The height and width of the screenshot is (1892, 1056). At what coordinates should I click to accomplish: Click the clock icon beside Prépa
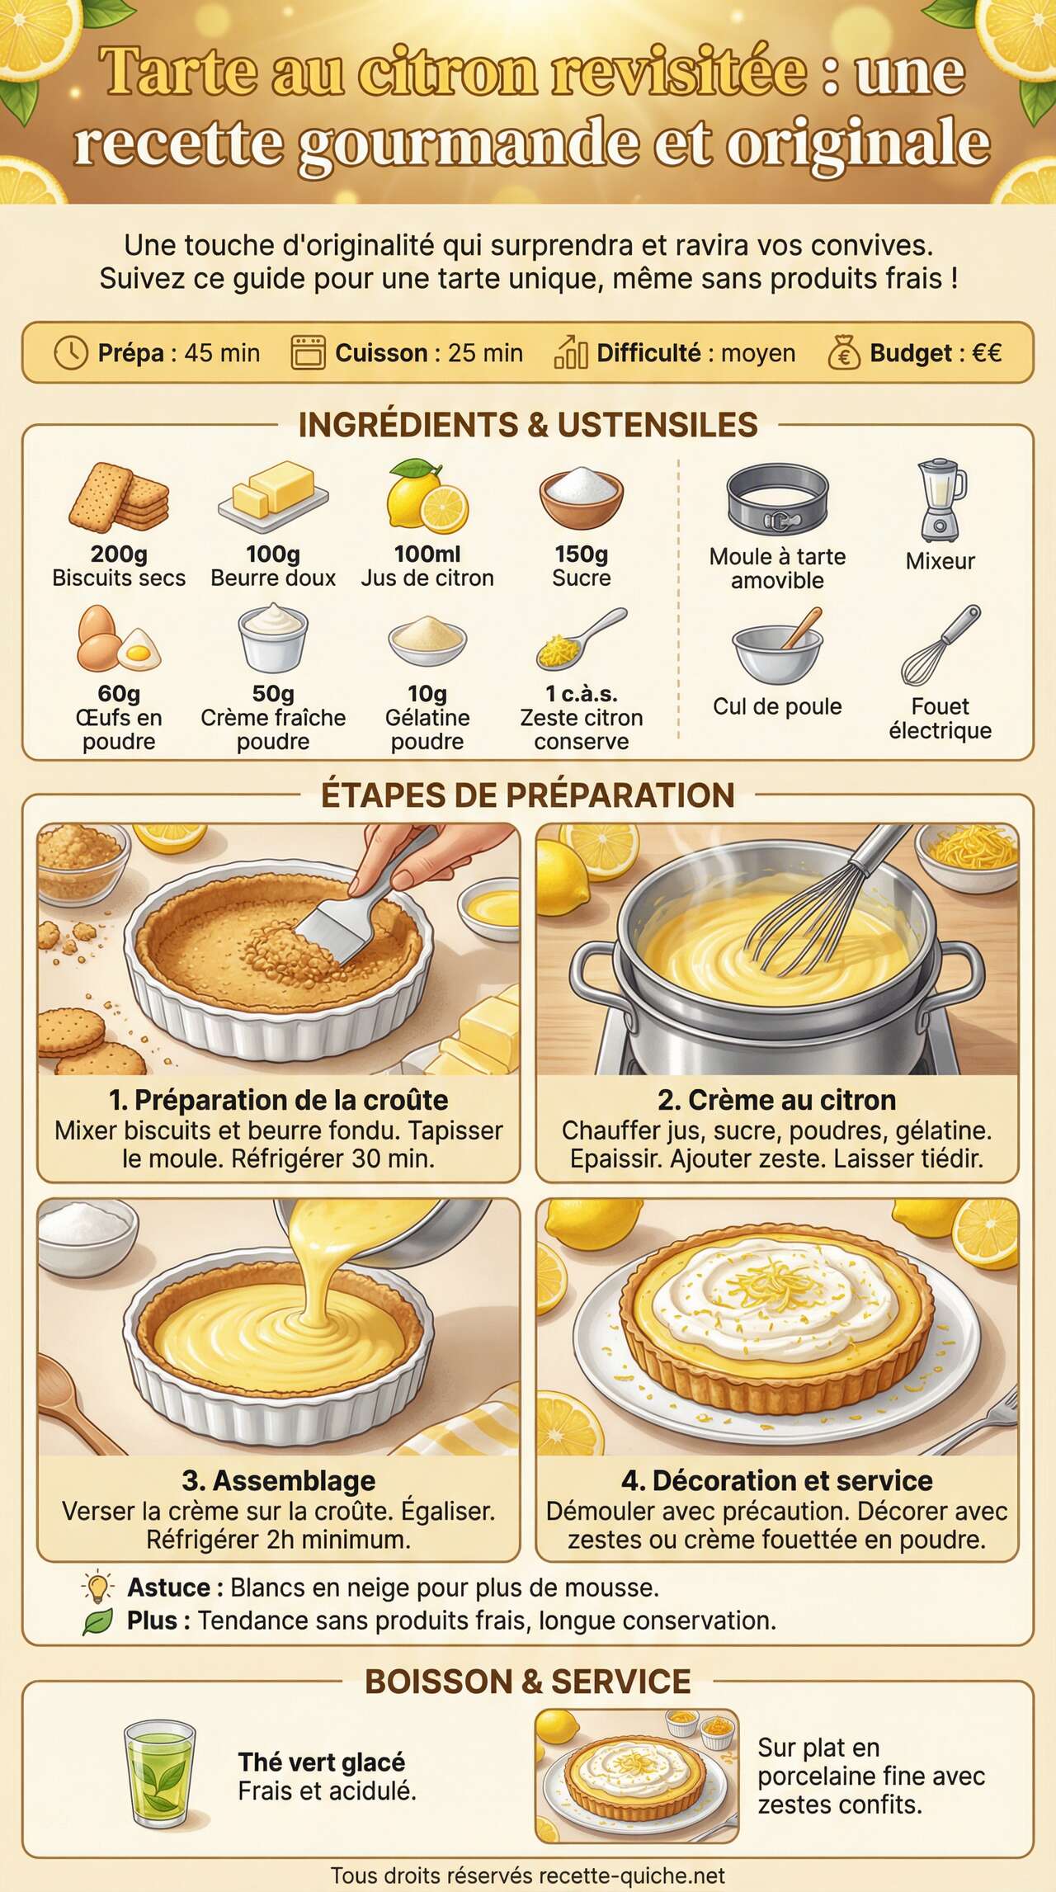click(x=71, y=353)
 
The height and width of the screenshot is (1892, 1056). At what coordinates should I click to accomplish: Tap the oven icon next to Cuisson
click(x=309, y=353)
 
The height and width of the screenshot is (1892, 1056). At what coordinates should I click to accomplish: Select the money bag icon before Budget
click(x=843, y=353)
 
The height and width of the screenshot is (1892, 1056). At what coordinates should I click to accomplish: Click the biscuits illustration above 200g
click(x=119, y=498)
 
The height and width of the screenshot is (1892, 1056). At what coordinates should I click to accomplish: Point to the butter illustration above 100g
click(x=273, y=495)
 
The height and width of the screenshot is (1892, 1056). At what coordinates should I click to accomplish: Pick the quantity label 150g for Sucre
click(x=581, y=554)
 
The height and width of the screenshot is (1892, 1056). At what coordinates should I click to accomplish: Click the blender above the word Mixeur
click(x=940, y=500)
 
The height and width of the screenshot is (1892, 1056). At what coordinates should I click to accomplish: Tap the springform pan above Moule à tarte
click(x=777, y=500)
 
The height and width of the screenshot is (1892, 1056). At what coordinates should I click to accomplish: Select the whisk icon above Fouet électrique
click(x=940, y=646)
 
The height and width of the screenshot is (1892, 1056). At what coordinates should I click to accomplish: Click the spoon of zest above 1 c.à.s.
click(x=581, y=639)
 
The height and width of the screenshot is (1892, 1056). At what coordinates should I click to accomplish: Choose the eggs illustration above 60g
click(x=118, y=639)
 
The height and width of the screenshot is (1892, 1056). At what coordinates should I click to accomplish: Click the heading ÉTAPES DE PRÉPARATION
click(x=527, y=795)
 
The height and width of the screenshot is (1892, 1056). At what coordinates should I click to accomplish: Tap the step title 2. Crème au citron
click(x=777, y=1100)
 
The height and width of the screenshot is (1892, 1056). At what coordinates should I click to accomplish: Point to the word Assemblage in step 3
click(x=294, y=1480)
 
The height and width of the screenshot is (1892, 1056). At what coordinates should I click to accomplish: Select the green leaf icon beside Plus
click(x=98, y=1621)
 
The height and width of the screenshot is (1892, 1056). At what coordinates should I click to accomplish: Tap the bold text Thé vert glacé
click(x=322, y=1762)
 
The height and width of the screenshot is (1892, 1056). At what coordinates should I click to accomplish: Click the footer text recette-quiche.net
click(x=632, y=1876)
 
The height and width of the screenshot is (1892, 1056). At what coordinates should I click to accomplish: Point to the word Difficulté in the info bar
click(x=648, y=353)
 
